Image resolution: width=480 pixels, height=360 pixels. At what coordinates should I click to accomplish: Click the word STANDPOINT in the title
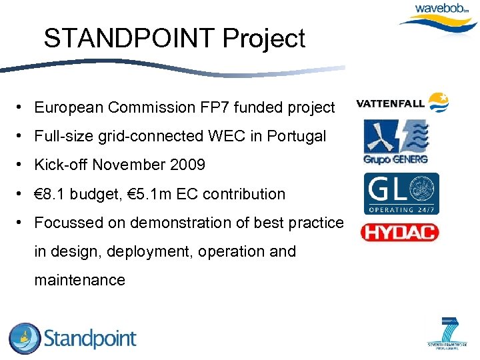coord(130,39)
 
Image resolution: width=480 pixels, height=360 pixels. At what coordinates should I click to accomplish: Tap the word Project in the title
coord(264,39)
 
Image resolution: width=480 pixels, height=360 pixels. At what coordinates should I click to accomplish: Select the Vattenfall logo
coord(403,103)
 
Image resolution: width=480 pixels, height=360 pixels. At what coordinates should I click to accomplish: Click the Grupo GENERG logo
coord(395,141)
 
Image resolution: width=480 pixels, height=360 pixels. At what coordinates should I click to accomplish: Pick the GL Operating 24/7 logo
coord(401,193)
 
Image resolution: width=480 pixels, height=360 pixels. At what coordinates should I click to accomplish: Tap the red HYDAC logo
coord(399,232)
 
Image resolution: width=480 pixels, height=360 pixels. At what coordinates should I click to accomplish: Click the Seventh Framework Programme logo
coord(447,333)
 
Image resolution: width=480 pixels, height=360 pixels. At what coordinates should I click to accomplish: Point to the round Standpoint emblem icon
coord(25,338)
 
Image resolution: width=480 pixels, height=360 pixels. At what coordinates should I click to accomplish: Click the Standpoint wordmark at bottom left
coord(90,339)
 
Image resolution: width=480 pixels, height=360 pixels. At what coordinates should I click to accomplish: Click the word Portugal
coord(297,137)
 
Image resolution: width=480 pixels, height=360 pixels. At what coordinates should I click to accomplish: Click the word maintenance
coord(79,280)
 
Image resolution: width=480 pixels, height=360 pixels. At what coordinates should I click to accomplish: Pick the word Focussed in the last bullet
coord(65,223)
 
